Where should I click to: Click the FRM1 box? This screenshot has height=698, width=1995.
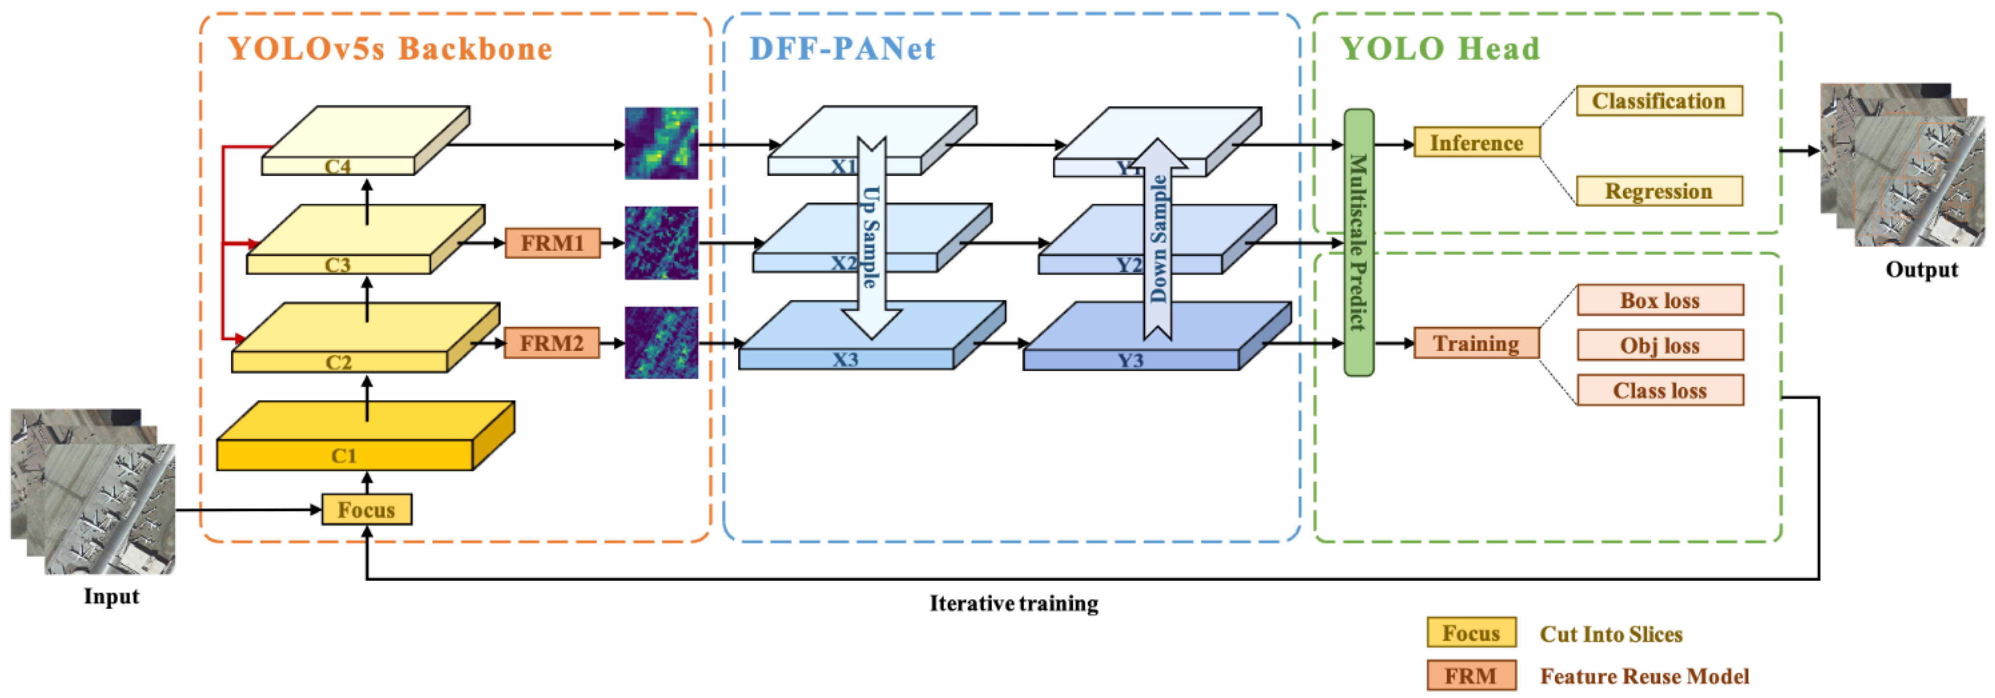point(552,243)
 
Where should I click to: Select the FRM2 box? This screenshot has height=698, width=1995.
point(551,343)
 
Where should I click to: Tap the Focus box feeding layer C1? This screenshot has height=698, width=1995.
point(367,510)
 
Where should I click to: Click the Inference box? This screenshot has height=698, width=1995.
point(1476,143)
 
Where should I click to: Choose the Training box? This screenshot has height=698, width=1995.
point(1476,343)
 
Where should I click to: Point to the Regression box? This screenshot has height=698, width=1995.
point(1659,191)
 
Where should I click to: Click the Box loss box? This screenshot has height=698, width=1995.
point(1660,300)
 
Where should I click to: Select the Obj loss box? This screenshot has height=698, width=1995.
point(1660,346)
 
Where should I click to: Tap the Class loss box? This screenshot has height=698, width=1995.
point(1660,391)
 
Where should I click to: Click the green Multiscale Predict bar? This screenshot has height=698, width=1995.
point(1358,243)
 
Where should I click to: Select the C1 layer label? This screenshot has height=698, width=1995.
point(344,455)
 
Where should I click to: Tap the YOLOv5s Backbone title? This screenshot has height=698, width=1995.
point(390,49)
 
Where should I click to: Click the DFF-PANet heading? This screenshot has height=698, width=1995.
point(842,49)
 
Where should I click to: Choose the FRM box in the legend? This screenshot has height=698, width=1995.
point(1471,675)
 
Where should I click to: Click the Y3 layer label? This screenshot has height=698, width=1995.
point(1130,360)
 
